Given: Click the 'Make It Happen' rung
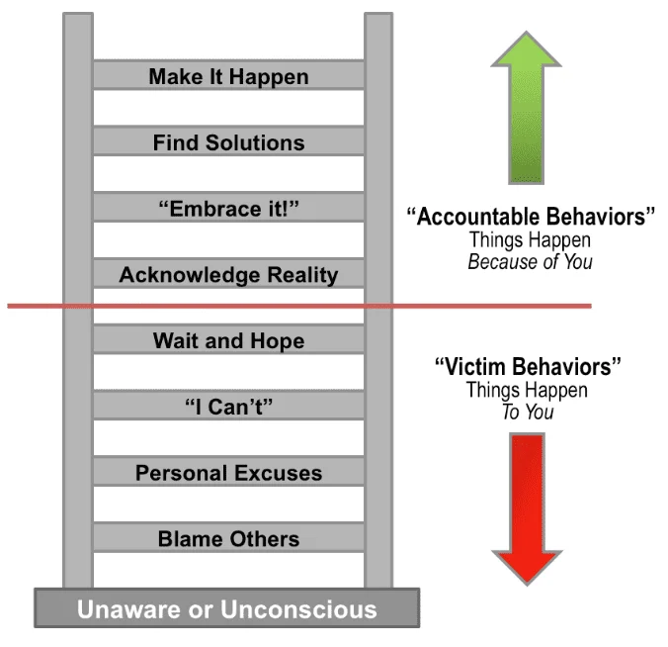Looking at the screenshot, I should point(228,76).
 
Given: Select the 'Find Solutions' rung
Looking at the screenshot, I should point(228,142).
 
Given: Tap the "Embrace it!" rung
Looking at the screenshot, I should point(228,209).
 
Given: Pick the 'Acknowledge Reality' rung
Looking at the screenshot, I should point(228,275).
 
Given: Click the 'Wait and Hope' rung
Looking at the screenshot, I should point(228,341).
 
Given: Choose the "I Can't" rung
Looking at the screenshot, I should point(228,407).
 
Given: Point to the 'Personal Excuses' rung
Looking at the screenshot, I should point(228,473).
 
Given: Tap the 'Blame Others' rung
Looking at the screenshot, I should point(228,539).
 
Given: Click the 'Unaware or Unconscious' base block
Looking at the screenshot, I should point(227,607).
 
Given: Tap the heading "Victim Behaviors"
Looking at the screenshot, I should point(528,367).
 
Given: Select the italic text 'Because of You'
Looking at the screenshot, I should point(532,262).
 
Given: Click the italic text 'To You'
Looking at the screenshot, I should point(528,412).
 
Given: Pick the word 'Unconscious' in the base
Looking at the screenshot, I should point(297,607).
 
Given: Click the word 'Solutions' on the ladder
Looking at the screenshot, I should point(255,142).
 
